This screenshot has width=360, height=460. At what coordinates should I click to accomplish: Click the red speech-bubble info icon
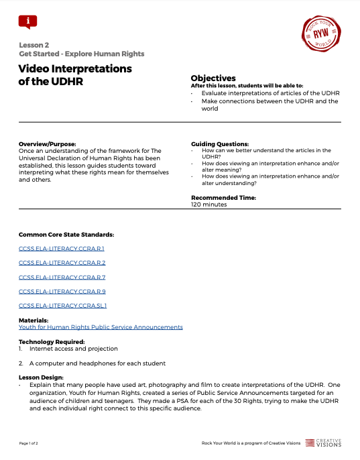coord(27,21)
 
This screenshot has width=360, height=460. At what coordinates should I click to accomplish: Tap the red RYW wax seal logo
coord(321,32)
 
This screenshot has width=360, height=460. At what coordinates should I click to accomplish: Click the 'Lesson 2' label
coord(34,44)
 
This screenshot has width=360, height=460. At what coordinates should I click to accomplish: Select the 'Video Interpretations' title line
coord(75,68)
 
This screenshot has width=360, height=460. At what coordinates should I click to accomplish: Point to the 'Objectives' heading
coord(213,78)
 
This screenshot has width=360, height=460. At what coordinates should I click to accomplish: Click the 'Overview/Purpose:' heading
coord(48,144)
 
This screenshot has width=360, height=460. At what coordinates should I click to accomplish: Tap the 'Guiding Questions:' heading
coord(220,144)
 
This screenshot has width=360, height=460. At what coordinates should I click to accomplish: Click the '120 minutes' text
coord(209,205)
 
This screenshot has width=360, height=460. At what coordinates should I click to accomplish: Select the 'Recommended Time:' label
coord(223,198)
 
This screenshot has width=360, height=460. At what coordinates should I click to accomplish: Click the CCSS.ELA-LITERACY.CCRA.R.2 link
coord(62,263)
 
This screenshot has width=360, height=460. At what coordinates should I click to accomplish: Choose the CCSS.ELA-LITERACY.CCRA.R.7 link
coord(62,277)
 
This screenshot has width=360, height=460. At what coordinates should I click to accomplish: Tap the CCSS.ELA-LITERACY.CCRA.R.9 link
coord(62,291)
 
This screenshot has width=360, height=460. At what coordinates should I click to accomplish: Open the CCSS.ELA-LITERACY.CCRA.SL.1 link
coord(63,305)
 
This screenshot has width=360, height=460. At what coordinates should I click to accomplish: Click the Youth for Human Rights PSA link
coord(101,327)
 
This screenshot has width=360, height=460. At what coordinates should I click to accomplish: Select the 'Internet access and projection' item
coord(74,349)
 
